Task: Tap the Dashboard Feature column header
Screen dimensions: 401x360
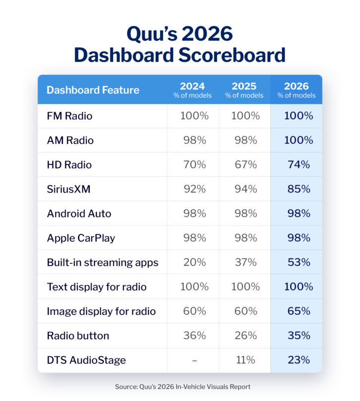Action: tap(93, 90)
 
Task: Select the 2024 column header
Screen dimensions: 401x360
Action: tap(192, 90)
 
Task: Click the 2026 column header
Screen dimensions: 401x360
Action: tap(297, 90)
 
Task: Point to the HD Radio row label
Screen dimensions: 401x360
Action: tap(69, 165)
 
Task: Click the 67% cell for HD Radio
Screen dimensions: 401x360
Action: tap(245, 165)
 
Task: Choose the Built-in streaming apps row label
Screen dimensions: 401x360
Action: tap(103, 262)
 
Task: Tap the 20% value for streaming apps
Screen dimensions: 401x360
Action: tap(193, 262)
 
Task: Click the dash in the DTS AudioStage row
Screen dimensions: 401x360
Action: tap(193, 360)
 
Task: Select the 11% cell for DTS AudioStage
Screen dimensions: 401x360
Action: tap(245, 360)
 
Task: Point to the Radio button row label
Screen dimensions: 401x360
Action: tap(78, 336)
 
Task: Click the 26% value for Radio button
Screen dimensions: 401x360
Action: tap(245, 336)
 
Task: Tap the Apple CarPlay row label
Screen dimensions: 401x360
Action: tap(81, 238)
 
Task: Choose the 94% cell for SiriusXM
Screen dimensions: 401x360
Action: tap(245, 189)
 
